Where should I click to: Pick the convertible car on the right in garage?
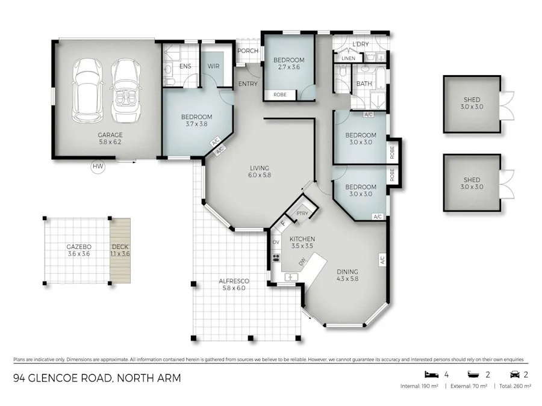click(x=125, y=89)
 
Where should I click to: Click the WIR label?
click(x=213, y=66)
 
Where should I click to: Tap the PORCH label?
click(x=248, y=51)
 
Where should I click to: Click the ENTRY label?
click(x=248, y=84)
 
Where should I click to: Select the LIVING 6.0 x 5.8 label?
click(x=260, y=172)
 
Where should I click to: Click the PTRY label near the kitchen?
click(x=302, y=214)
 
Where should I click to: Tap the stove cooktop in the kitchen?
click(x=277, y=257)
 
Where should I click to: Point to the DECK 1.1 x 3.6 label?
click(x=120, y=250)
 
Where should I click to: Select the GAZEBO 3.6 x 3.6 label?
click(x=78, y=250)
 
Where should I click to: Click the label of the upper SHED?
click(x=472, y=103)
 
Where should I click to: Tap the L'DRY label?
click(x=360, y=45)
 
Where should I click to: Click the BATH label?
click(x=364, y=84)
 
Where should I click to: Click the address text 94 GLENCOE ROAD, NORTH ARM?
click(x=97, y=378)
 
